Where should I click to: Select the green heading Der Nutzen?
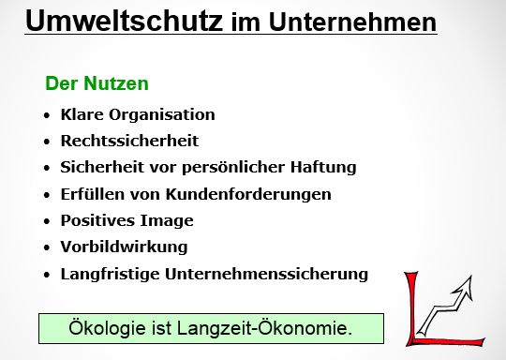click(x=97, y=83)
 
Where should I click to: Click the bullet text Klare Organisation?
click(x=137, y=114)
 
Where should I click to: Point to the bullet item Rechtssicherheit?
click(x=129, y=141)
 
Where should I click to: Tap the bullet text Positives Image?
click(x=126, y=220)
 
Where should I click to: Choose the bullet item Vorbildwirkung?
click(x=124, y=247)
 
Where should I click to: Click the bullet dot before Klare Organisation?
click(x=48, y=115)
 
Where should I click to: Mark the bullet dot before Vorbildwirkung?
click(x=48, y=247)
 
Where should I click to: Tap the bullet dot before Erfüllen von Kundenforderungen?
click(x=48, y=195)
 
